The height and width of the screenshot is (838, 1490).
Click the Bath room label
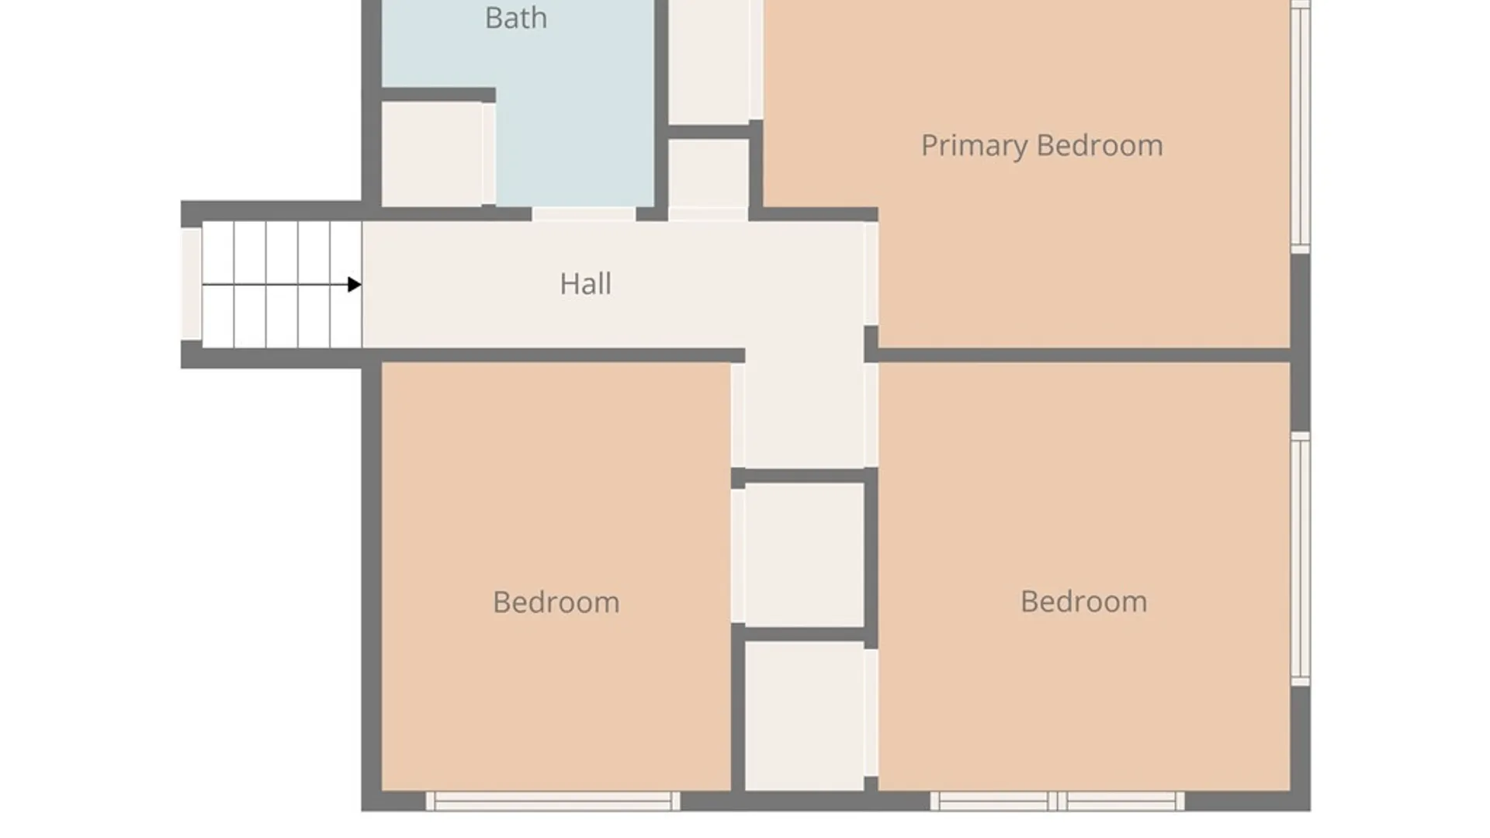click(x=516, y=17)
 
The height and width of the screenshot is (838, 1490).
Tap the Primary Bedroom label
click(x=1041, y=146)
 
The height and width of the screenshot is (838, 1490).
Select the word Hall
click(x=585, y=284)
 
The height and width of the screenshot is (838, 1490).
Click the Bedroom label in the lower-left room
click(x=556, y=602)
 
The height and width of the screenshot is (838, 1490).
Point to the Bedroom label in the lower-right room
click(x=1083, y=601)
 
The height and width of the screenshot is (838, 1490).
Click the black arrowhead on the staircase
click(x=355, y=285)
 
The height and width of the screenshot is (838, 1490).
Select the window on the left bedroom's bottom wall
click(x=553, y=801)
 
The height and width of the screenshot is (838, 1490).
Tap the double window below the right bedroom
click(x=1058, y=801)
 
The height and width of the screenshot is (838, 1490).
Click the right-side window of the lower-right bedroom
click(x=1301, y=559)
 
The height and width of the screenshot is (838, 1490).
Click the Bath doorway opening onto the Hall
click(x=584, y=214)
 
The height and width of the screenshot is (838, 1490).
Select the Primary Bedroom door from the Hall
click(x=871, y=273)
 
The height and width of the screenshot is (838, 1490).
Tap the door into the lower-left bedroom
click(x=738, y=415)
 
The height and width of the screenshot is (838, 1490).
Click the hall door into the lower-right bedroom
click(x=871, y=415)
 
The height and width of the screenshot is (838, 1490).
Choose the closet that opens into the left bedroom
click(x=804, y=554)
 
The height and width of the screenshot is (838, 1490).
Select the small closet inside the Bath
click(x=433, y=154)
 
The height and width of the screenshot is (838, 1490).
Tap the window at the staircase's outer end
click(x=191, y=283)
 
